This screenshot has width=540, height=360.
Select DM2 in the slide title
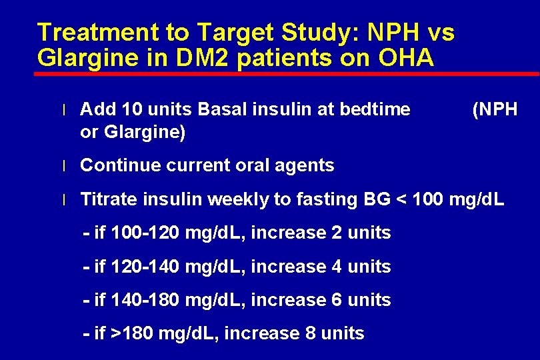(179, 58)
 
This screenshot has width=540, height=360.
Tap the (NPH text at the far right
(494, 109)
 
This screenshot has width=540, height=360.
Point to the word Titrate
(107, 199)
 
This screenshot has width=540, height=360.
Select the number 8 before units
(309, 333)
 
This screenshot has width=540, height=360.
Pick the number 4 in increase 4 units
(336, 267)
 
